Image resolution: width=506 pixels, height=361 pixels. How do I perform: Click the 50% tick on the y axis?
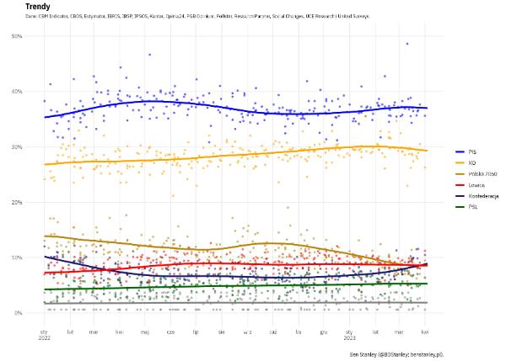(x=17, y=35)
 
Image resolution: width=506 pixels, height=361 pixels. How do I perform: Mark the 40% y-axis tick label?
(x=17, y=91)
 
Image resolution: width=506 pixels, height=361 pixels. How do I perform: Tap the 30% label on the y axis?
(x=17, y=146)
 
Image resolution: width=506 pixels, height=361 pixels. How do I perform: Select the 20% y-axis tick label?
(x=17, y=202)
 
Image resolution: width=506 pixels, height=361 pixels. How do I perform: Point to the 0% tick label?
(x=19, y=313)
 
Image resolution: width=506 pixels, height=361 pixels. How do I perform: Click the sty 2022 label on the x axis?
(x=45, y=335)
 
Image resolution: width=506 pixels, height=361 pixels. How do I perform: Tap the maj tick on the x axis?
(x=145, y=332)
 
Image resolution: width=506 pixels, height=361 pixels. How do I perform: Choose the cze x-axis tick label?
(x=171, y=332)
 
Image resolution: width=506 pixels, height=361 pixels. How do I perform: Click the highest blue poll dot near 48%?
(x=406, y=44)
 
